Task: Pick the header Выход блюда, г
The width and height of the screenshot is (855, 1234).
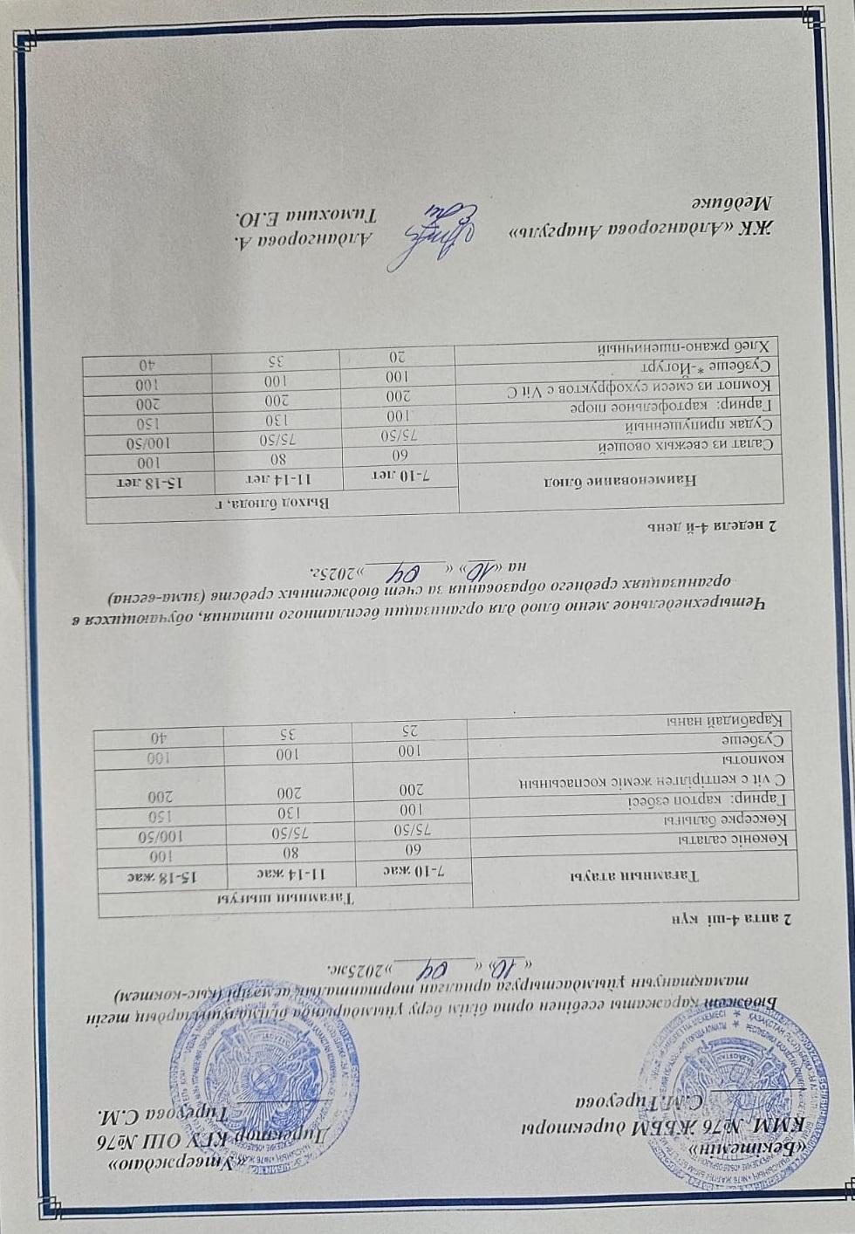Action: pyautogui.click(x=270, y=505)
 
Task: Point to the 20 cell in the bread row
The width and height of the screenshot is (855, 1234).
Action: pyautogui.click(x=397, y=355)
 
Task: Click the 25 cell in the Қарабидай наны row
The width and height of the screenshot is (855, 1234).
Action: pyautogui.click(x=409, y=728)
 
